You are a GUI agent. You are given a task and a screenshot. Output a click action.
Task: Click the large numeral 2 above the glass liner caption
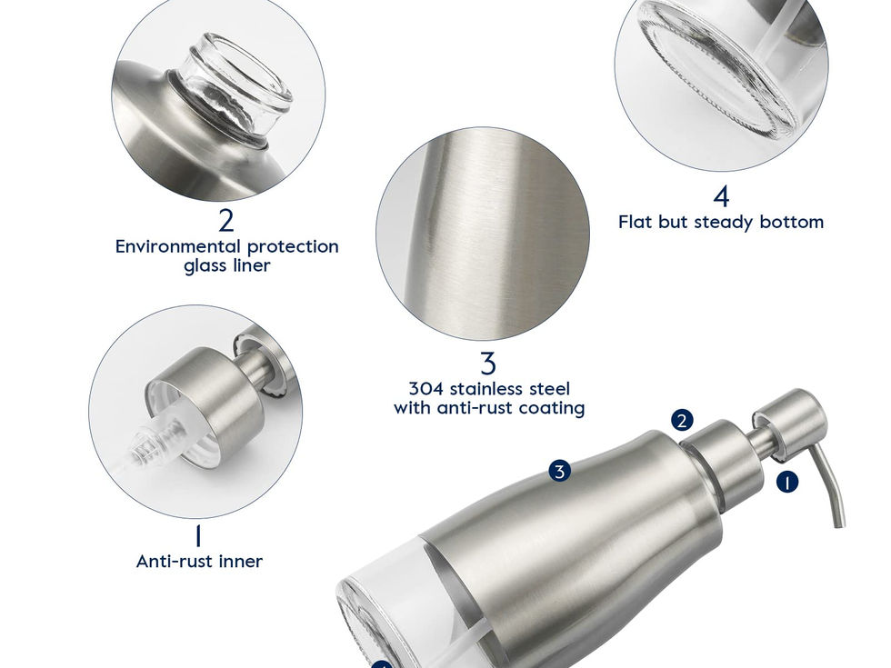tap(226, 220)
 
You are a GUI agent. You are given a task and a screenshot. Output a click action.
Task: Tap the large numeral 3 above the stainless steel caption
tap(488, 363)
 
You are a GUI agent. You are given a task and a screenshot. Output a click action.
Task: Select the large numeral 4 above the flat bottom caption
tap(721, 196)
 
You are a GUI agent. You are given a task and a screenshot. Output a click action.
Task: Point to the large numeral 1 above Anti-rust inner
tap(198, 535)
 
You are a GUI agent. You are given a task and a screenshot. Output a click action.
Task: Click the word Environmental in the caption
tap(179, 246)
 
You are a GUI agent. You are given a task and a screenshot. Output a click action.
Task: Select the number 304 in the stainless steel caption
tap(426, 389)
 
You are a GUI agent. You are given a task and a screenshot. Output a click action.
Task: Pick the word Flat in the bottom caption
tap(635, 222)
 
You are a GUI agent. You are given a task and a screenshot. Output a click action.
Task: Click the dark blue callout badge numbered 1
tap(787, 483)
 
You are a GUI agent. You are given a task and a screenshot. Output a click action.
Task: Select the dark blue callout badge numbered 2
tap(682, 420)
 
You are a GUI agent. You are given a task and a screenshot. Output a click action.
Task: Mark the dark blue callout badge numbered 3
tap(560, 471)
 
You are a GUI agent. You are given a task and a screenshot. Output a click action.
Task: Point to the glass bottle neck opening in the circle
tap(238, 85)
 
